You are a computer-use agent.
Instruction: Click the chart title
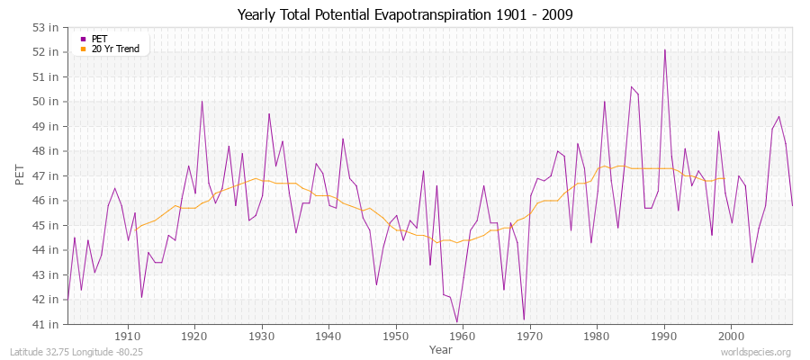[404, 14]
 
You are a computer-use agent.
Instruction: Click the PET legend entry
[100, 39]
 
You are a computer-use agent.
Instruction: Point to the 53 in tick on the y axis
[47, 27]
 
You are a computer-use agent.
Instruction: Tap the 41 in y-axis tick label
[47, 324]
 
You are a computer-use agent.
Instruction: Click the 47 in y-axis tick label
[47, 175]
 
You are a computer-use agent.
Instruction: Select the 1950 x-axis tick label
[395, 336]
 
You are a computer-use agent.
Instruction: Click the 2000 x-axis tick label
[730, 336]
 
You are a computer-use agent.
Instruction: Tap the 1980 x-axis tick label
[596, 336]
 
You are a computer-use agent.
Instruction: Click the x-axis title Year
[441, 348]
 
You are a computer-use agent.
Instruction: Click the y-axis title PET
[21, 175]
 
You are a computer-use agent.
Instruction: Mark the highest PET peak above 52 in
[665, 50]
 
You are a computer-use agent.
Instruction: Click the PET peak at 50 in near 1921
[202, 101]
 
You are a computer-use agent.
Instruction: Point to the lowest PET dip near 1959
[457, 321]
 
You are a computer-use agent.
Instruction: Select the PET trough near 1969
[524, 319]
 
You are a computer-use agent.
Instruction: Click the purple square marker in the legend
[83, 39]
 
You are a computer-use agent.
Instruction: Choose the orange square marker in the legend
[83, 49]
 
